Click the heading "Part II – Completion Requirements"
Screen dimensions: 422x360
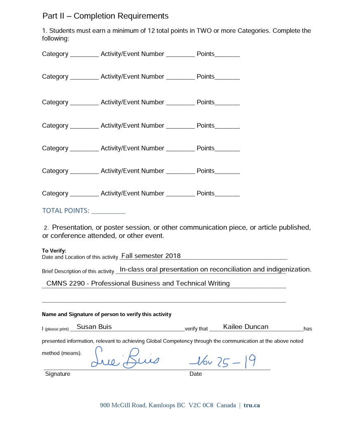point(105,16)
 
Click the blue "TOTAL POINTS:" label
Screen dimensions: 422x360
point(66,211)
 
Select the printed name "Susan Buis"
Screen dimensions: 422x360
point(94,327)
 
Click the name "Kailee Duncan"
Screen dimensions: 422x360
point(246,327)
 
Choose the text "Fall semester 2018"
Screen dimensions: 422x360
point(151,256)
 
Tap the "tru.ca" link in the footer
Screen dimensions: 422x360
point(252,405)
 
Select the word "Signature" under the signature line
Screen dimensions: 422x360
point(58,374)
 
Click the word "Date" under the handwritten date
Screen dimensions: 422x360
point(195,374)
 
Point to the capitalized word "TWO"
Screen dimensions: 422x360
point(204,31)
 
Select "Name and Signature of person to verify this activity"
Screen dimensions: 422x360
point(106,314)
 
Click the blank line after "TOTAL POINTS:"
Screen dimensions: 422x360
point(108,212)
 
